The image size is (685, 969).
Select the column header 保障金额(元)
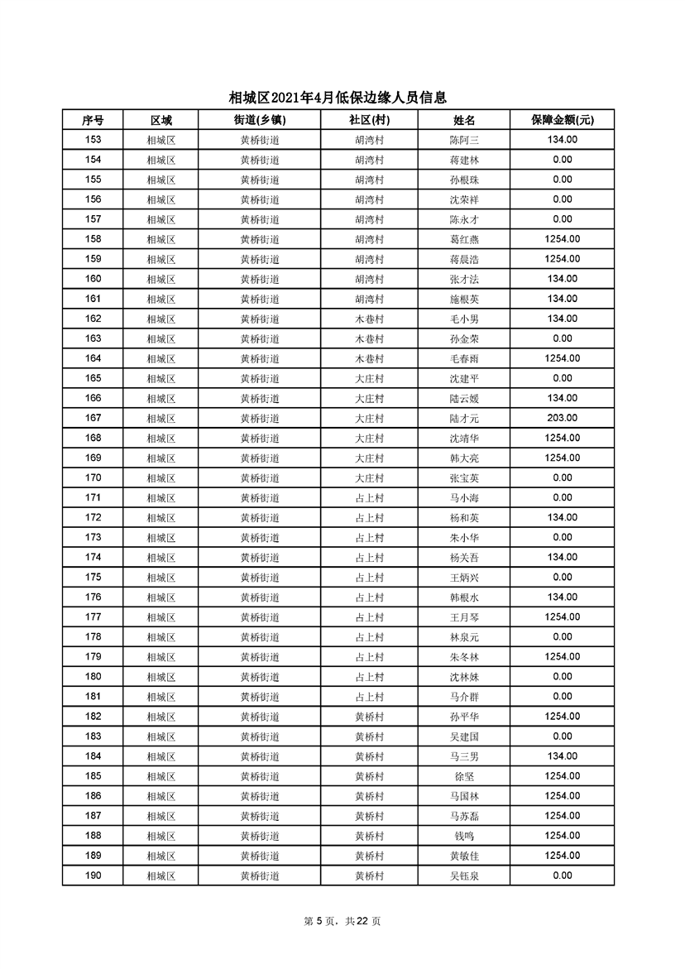pyautogui.click(x=563, y=120)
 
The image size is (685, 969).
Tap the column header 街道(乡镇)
pyautogui.click(x=260, y=120)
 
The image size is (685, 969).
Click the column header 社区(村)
pyautogui.click(x=370, y=120)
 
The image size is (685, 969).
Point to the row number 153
pyautogui.click(x=93, y=140)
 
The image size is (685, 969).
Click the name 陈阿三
pyautogui.click(x=464, y=140)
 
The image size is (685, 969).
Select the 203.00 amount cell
pyautogui.click(x=563, y=418)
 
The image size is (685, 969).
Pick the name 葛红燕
pyautogui.click(x=464, y=239)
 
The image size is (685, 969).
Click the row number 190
pyautogui.click(x=93, y=875)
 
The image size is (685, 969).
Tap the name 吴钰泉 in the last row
pyautogui.click(x=464, y=875)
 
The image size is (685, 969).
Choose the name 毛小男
pyautogui.click(x=464, y=319)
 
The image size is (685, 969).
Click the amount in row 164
pyautogui.click(x=563, y=358)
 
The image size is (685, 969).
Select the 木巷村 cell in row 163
pyautogui.click(x=370, y=338)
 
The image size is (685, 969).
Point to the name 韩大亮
pyautogui.click(x=464, y=458)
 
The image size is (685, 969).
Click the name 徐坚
pyautogui.click(x=464, y=776)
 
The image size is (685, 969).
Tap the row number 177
pyautogui.click(x=93, y=616)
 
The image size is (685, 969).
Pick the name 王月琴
pyautogui.click(x=464, y=616)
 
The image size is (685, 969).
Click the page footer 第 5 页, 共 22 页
pyautogui.click(x=342, y=921)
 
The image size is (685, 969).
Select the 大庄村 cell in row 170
pyautogui.click(x=370, y=477)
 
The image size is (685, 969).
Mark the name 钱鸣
pyautogui.click(x=464, y=836)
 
